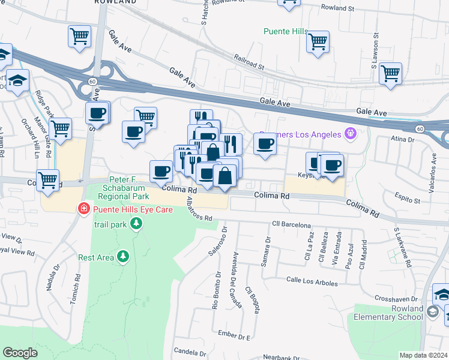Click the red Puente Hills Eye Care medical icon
(84, 209)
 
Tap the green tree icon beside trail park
(137, 224)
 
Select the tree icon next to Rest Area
(123, 257)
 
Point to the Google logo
(20, 353)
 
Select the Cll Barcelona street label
(292, 224)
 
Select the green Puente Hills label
(286, 31)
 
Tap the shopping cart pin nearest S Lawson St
(390, 73)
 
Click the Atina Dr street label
(402, 139)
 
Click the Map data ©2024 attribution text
(423, 355)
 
